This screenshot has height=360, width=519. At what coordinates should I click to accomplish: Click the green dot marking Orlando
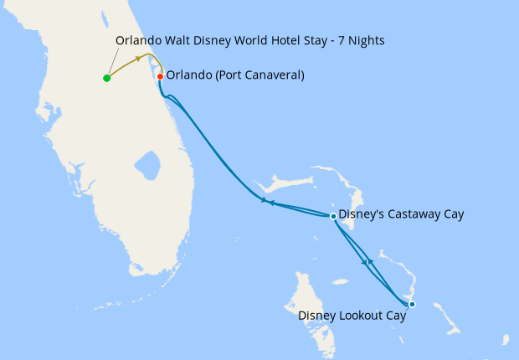(x=106, y=78)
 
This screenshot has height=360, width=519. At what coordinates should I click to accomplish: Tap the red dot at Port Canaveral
(x=160, y=76)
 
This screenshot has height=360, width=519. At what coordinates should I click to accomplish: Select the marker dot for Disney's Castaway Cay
(x=333, y=216)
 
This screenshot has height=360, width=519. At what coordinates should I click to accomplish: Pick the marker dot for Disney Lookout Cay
(x=412, y=304)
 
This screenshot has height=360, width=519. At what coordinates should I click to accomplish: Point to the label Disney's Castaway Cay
(x=400, y=215)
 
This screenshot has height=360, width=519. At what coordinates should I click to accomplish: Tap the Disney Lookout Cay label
(x=352, y=316)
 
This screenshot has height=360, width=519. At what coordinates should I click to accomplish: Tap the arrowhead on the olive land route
(x=138, y=59)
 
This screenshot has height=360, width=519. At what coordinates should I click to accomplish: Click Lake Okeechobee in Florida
(x=147, y=164)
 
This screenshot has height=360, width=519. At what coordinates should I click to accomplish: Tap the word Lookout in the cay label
(x=361, y=316)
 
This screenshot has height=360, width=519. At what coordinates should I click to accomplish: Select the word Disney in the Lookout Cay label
(x=316, y=316)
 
